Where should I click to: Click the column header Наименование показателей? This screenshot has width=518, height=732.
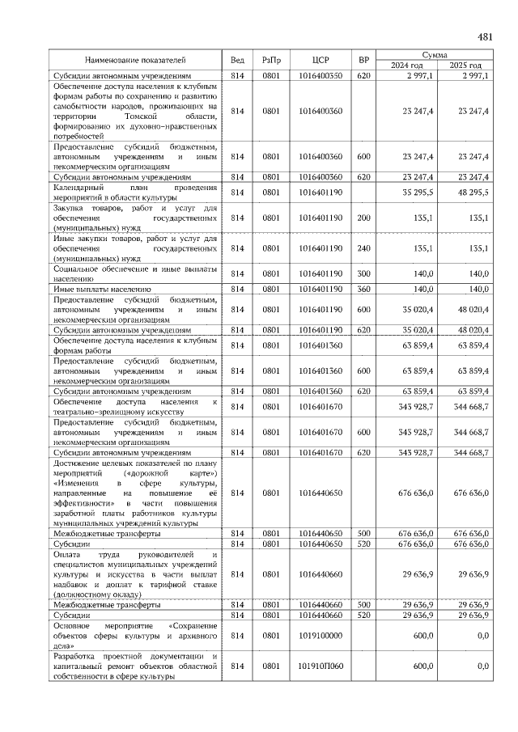[136, 60]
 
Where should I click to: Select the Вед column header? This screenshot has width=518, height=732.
[237, 60]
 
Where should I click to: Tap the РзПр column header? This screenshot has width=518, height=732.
[272, 60]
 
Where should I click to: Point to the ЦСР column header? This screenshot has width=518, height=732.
[320, 60]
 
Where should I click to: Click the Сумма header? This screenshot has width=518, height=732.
[436, 54]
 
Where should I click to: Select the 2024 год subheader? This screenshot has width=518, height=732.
[407, 66]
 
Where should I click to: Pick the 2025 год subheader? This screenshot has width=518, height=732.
[465, 66]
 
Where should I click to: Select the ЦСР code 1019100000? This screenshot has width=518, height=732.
[320, 637]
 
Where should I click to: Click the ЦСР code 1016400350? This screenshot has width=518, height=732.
[320, 75]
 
